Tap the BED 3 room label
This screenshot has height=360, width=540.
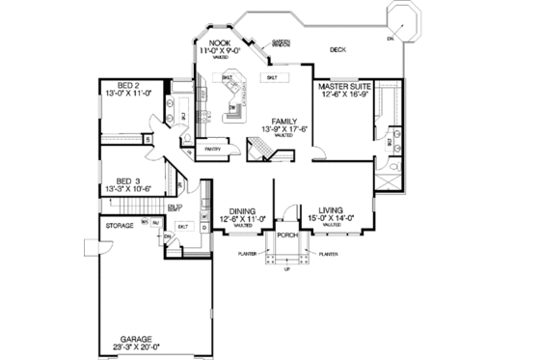[x=122, y=180]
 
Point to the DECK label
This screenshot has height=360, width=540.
[x=337, y=49]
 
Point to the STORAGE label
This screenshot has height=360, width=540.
[x=121, y=225]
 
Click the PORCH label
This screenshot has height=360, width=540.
[x=286, y=234]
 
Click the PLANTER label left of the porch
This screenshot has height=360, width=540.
[x=246, y=255]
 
